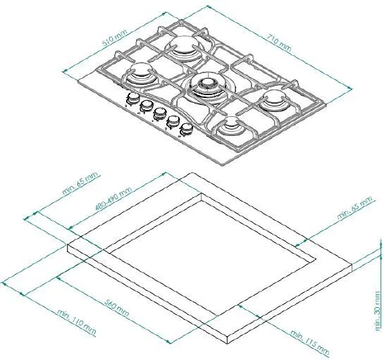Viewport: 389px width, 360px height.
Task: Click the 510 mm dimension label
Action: [x=115, y=38]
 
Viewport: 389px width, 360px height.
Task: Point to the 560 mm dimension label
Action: [x=116, y=308]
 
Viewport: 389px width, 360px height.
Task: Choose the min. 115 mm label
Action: [x=310, y=343]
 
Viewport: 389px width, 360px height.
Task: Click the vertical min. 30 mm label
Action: [x=378, y=311]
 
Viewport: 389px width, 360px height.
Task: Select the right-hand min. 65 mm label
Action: [x=354, y=208]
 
